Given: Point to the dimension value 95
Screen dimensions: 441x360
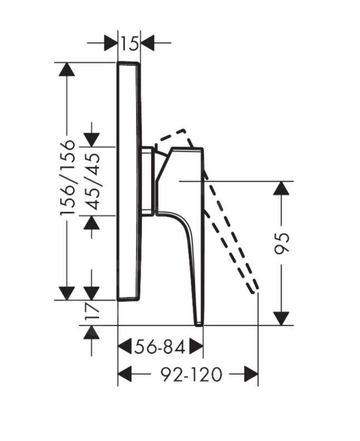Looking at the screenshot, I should click(283, 243).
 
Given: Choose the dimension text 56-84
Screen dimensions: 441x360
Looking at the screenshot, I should click(160, 347).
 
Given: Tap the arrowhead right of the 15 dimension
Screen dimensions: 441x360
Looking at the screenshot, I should click(148, 42).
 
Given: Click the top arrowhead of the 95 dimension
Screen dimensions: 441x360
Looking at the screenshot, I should click(283, 188).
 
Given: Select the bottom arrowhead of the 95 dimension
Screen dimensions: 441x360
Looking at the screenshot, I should click(283, 318).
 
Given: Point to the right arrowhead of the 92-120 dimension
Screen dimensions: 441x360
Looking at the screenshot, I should click(251, 374).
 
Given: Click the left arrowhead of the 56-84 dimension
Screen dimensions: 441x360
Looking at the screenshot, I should click(125, 347).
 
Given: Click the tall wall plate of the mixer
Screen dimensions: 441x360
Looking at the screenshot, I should click(129, 181).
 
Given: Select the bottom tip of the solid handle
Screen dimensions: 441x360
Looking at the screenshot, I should click(198, 322).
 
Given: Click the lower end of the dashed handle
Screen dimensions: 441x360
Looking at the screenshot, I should click(255, 289).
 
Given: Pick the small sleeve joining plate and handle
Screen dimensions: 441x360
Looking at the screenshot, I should click(148, 181).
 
